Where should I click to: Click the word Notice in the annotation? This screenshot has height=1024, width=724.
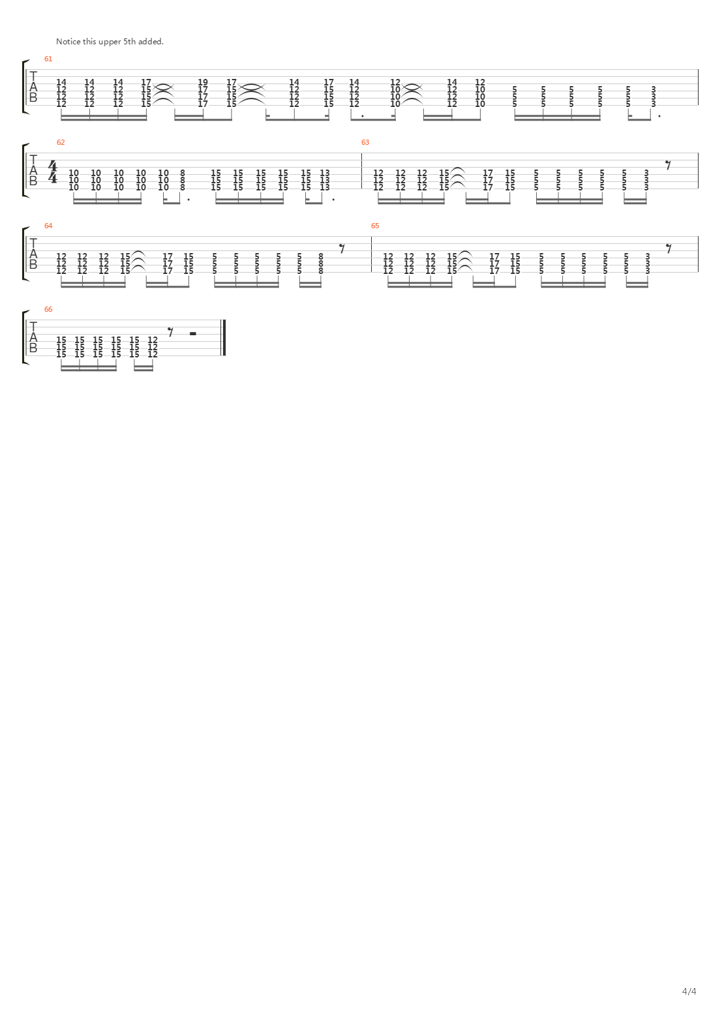[x=68, y=42]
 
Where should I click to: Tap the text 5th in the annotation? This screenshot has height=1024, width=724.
[x=130, y=42]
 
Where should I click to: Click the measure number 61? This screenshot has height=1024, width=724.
[x=48, y=59]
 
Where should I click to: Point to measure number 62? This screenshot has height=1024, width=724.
[x=61, y=142]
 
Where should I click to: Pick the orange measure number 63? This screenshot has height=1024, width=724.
[x=365, y=142]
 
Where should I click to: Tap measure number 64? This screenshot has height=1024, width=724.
[x=48, y=226]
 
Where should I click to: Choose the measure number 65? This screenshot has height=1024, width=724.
[x=375, y=226]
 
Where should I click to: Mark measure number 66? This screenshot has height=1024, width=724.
[x=48, y=309]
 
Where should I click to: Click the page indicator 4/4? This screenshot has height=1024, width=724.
[x=689, y=991]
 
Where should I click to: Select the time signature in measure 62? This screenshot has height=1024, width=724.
[x=53, y=172]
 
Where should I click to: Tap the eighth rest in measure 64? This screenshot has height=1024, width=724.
[x=342, y=247]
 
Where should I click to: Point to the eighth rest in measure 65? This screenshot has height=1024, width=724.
[x=669, y=247]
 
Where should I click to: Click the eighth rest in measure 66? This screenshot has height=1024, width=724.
[x=170, y=331]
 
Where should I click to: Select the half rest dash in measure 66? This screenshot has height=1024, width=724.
[x=192, y=333]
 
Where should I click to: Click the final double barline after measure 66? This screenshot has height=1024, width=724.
[x=224, y=338]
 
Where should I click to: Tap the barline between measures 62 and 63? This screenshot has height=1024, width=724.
[x=362, y=171]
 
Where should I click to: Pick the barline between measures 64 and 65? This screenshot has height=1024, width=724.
[x=372, y=254]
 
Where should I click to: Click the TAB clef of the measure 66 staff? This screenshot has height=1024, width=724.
[x=33, y=338]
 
